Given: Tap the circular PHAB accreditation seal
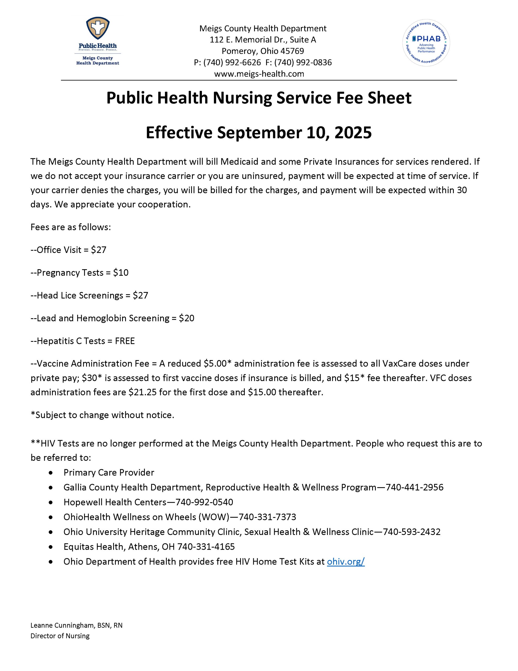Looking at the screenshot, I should click(x=426, y=43).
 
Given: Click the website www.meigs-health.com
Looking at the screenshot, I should click(x=259, y=74).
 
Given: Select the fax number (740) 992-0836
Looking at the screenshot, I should click(x=303, y=62).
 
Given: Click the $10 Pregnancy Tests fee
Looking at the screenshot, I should click(x=121, y=273).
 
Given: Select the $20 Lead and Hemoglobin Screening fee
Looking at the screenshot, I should click(x=187, y=318).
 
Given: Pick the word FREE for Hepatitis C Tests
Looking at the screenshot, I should click(x=125, y=341).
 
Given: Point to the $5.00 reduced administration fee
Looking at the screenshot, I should click(x=215, y=364).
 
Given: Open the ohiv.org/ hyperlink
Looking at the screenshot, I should click(x=345, y=561).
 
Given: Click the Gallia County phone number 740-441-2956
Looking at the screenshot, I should click(x=415, y=487).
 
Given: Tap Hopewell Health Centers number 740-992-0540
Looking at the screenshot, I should click(x=204, y=502).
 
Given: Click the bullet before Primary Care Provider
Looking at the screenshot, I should click(x=50, y=473).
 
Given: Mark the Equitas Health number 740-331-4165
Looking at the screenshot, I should click(x=206, y=546).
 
